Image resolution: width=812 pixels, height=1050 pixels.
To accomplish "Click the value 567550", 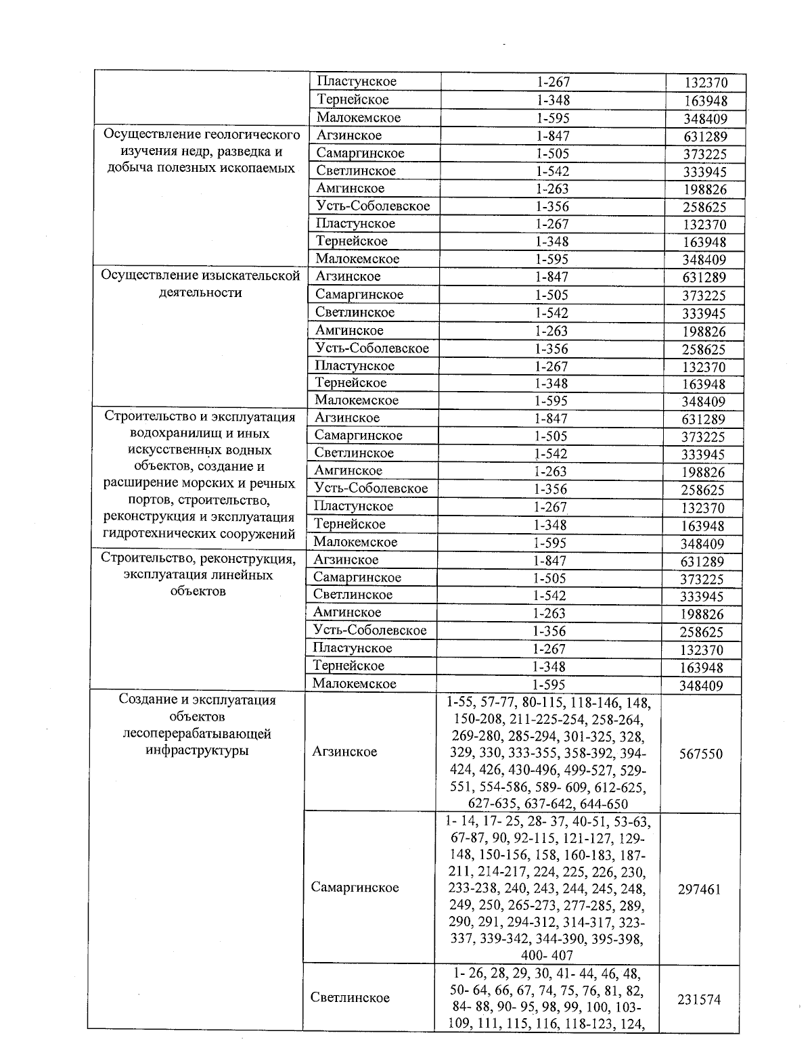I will tap(700, 754).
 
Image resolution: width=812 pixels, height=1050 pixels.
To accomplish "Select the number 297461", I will tap(699, 889).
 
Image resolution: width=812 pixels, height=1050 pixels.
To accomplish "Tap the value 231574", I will tap(699, 999).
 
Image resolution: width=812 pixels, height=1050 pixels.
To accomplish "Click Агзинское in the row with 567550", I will tap(345, 752).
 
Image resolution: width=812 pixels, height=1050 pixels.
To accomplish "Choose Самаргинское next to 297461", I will tap(355, 887).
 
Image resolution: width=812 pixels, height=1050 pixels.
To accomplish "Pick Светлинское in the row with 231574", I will tap(350, 997).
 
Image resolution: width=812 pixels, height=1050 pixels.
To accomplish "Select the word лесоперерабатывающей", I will tap(197, 733).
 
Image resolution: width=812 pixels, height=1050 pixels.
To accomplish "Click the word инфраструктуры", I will tap(197, 751).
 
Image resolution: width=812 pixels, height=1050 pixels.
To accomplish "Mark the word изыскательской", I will tap(253, 275).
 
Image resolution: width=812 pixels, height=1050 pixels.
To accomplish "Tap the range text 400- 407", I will tap(547, 955).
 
